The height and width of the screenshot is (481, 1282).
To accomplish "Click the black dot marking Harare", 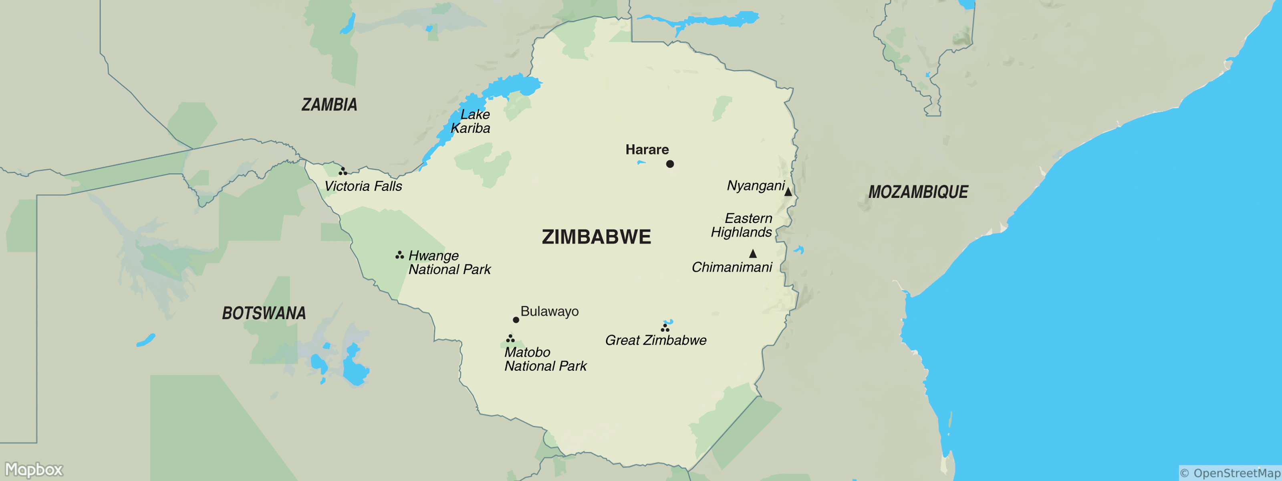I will (670, 164).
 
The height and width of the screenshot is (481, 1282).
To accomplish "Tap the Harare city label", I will (647, 150).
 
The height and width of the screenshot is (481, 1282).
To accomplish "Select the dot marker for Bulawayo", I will (516, 320).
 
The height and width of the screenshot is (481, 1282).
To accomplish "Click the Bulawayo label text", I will (549, 311).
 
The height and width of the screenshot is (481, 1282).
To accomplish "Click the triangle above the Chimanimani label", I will (753, 253).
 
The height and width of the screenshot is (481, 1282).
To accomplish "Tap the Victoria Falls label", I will (363, 186).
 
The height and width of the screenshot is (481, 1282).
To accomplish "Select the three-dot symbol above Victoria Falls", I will (343, 171).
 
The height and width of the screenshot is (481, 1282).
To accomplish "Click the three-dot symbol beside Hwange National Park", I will (399, 255).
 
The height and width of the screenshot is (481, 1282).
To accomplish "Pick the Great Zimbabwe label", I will (655, 340).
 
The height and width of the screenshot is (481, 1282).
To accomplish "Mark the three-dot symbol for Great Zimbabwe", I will (665, 327).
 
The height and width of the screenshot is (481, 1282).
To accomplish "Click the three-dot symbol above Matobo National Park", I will (510, 339).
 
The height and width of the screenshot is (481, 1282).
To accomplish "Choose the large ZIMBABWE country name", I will (596, 237).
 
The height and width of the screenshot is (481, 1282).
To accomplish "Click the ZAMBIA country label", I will (329, 105).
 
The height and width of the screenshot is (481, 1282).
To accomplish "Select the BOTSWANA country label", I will (264, 313).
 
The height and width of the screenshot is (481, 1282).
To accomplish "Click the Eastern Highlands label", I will (742, 225).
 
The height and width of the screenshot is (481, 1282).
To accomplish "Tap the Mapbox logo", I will (34, 469).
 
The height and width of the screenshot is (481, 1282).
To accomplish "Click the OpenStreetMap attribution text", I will (1230, 473).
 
